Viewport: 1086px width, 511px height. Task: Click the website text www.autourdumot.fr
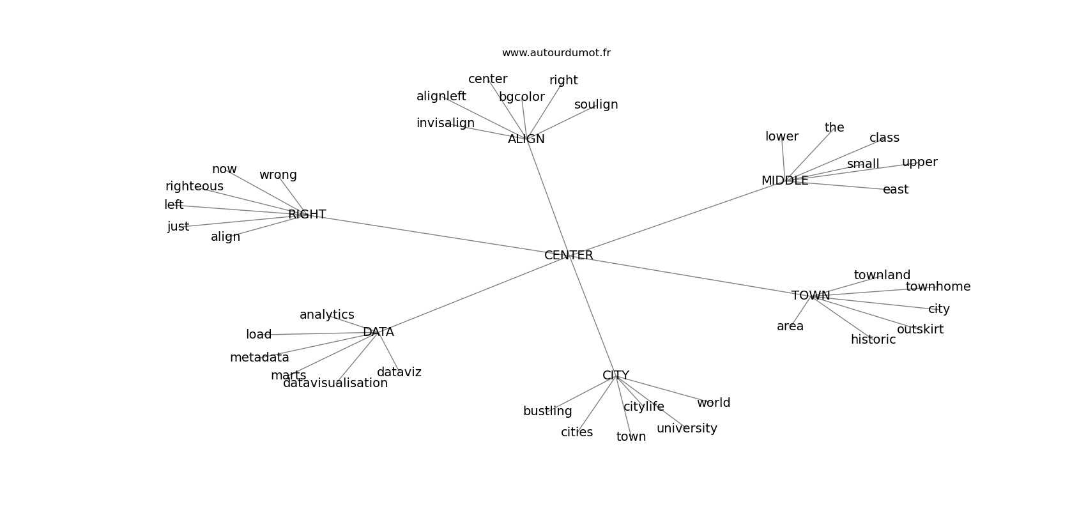point(556,53)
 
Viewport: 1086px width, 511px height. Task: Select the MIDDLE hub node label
point(784,181)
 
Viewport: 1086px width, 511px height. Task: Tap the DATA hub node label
point(378,332)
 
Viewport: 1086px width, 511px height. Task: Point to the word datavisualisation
point(335,383)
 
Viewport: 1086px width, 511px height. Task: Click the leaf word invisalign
point(445,123)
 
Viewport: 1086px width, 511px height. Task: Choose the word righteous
point(194,187)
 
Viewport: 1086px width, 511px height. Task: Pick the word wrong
point(278,175)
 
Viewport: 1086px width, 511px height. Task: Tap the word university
point(687,429)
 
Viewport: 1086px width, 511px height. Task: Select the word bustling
point(547,411)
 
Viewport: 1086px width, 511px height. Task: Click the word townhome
point(938,287)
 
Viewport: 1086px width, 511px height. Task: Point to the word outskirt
point(920,330)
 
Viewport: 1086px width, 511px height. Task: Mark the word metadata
point(259,358)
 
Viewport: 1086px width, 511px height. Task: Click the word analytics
point(326,315)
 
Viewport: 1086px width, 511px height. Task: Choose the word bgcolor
point(522,97)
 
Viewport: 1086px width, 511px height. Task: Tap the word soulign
point(596,105)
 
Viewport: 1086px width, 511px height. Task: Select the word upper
point(919,162)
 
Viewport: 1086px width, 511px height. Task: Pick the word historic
point(873,340)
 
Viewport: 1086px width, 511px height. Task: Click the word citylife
point(644,407)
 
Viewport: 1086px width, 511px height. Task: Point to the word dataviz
point(399,372)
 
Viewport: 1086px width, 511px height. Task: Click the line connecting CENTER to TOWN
point(690,276)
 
